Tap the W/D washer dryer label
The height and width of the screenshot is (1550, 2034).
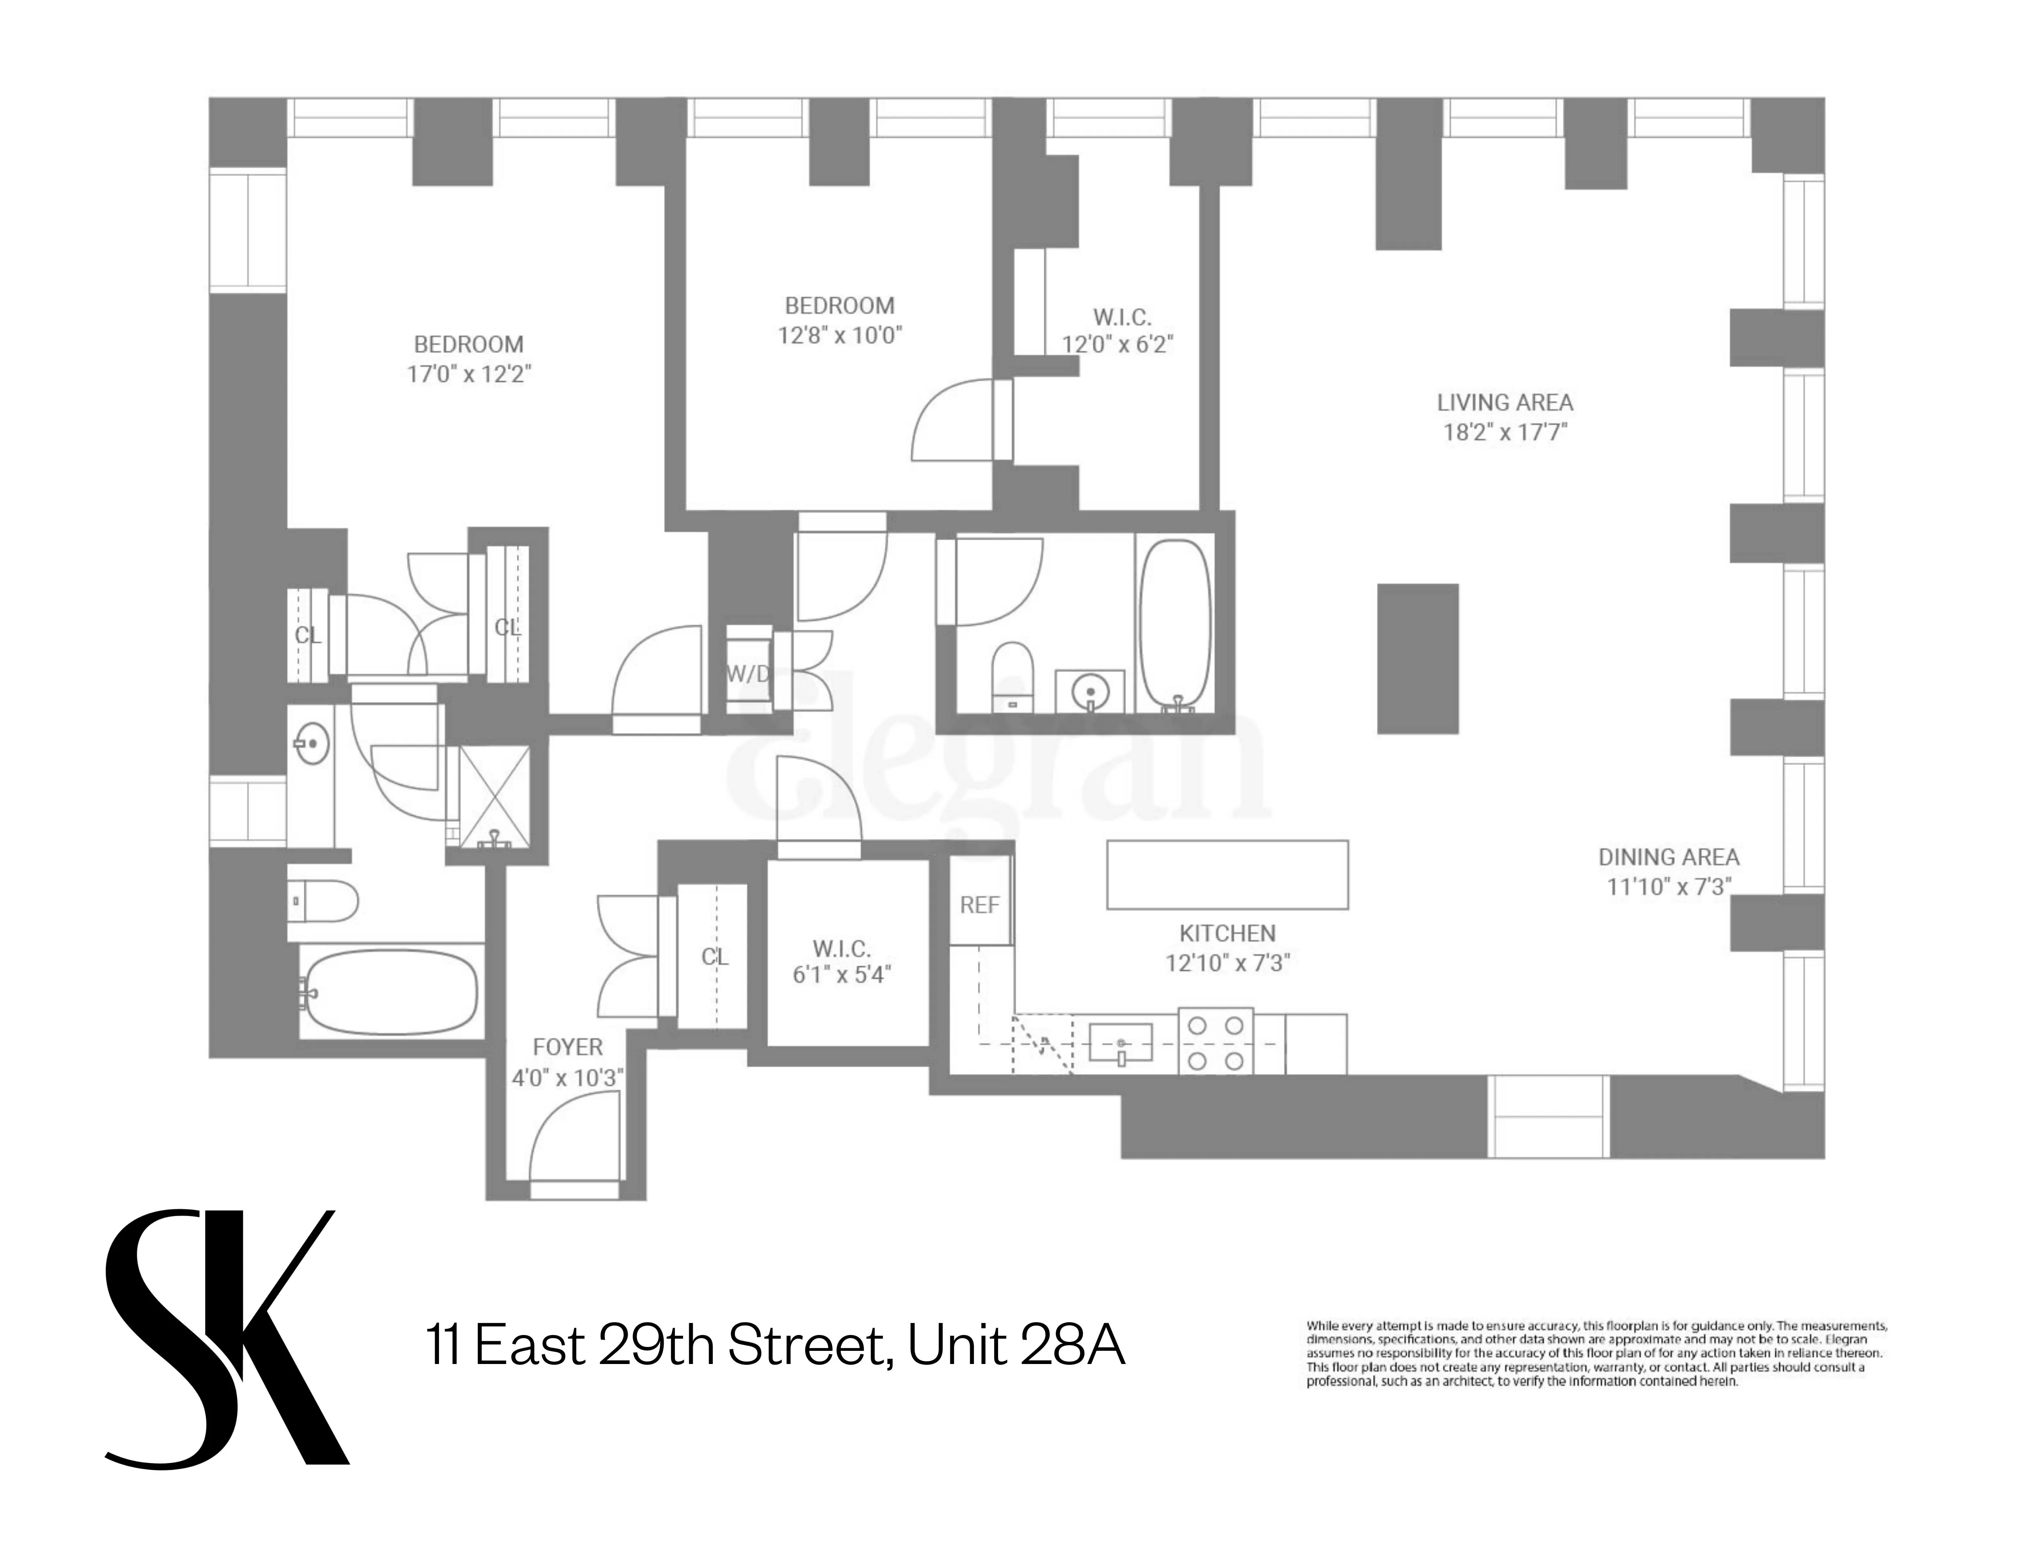click(x=747, y=673)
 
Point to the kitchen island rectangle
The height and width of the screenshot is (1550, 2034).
click(x=1227, y=874)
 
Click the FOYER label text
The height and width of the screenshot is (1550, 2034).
click(x=567, y=1047)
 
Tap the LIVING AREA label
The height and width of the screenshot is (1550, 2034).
click(x=1504, y=402)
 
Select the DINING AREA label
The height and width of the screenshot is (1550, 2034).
click(x=1668, y=857)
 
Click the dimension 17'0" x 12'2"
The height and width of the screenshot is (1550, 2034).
click(x=470, y=374)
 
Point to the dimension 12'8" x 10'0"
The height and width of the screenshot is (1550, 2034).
click(x=840, y=335)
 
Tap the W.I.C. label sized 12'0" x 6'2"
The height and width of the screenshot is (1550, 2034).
click(x=1122, y=317)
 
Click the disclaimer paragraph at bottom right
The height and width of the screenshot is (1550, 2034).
click(x=1596, y=1354)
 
